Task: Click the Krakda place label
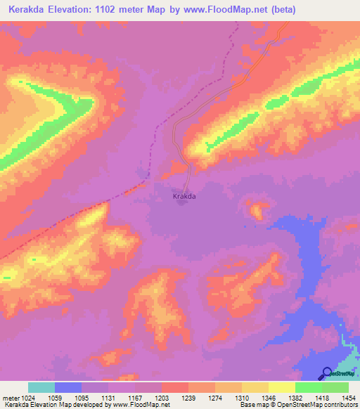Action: click(x=184, y=197)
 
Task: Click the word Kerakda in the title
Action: click(x=26, y=10)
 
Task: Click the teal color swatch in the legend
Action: click(x=41, y=387)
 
